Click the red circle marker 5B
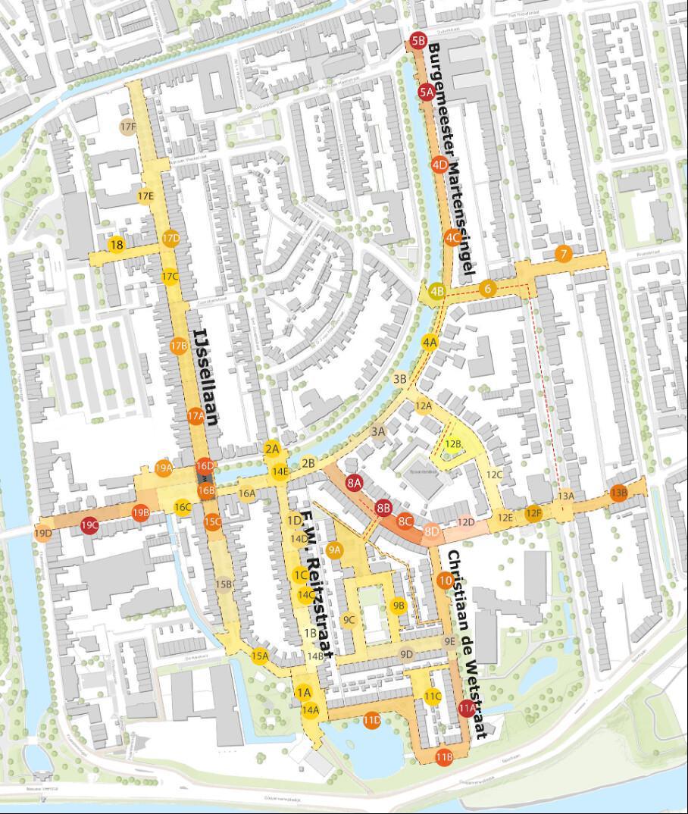click(x=418, y=40)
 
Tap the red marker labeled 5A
click(x=426, y=92)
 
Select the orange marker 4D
click(x=439, y=164)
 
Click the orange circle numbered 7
click(x=562, y=254)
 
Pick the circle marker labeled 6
click(x=487, y=288)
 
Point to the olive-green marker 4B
click(x=436, y=290)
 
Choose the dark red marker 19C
click(x=90, y=524)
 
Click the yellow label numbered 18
click(x=116, y=245)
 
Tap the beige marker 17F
click(x=127, y=127)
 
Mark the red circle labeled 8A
click(x=354, y=482)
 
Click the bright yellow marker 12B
click(x=453, y=444)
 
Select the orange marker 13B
click(x=619, y=492)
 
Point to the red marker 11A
click(x=466, y=708)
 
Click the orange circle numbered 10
click(x=446, y=581)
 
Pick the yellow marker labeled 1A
click(x=304, y=692)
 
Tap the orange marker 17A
click(x=195, y=415)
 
